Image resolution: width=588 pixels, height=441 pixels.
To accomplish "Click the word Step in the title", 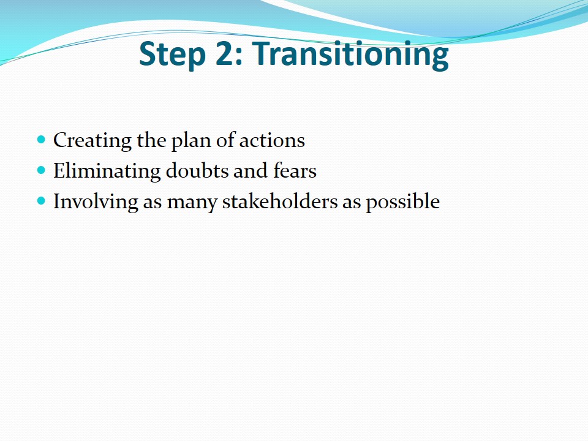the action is (x=172, y=54).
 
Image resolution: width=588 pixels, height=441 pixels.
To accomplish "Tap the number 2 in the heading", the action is (x=225, y=53).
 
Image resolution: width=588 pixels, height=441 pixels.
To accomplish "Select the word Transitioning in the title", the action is (x=350, y=55).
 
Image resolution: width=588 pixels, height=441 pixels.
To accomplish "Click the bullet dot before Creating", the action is (x=41, y=140).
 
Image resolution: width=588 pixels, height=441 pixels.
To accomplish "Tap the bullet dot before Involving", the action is (x=41, y=202).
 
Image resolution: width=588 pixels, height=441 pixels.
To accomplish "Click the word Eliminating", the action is (x=107, y=171).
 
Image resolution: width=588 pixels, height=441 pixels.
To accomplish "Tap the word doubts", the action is (x=197, y=171).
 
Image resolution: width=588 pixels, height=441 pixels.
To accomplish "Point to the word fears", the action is (x=295, y=171).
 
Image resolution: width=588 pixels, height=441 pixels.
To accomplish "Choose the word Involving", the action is (x=96, y=202).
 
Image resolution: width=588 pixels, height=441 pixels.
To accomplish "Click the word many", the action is (x=192, y=203).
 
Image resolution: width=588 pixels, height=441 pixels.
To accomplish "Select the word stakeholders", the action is (x=280, y=202).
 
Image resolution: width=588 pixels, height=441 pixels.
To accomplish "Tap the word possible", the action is (x=403, y=202).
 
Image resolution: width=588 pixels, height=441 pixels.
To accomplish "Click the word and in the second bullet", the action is (x=251, y=171).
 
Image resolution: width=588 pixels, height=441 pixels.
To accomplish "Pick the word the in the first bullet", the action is (x=151, y=140).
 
